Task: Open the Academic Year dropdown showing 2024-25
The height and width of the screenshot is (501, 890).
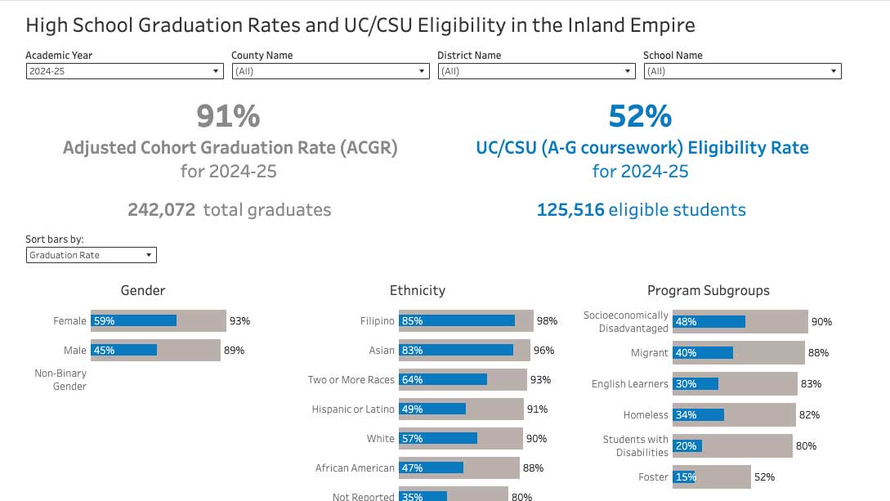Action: pyautogui.click(x=124, y=71)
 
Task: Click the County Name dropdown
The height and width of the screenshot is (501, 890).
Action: pyautogui.click(x=330, y=71)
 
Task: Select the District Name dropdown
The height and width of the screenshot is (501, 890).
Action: pyautogui.click(x=536, y=71)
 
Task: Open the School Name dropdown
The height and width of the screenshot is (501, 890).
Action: pyautogui.click(x=742, y=71)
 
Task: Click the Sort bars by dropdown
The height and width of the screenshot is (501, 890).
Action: pyautogui.click(x=91, y=255)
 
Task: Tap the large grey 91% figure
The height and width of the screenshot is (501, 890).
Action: pyautogui.click(x=228, y=116)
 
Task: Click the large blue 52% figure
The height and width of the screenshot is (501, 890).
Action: pyautogui.click(x=640, y=116)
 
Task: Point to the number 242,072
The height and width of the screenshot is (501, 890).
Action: pyautogui.click(x=162, y=210)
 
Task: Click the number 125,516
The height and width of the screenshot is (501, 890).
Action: pyautogui.click(x=570, y=210)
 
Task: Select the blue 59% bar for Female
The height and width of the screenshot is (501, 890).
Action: pyautogui.click(x=134, y=321)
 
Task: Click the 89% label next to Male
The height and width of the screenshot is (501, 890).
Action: pyautogui.click(x=234, y=351)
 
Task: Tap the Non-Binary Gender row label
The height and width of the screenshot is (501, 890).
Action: pyautogui.click(x=60, y=380)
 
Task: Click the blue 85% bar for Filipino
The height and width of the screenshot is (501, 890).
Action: pyautogui.click(x=457, y=321)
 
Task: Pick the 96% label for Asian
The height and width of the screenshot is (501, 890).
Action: pyautogui.click(x=543, y=351)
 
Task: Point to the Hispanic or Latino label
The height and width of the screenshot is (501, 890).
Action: pyautogui.click(x=353, y=409)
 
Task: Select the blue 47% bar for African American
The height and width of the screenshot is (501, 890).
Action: pyautogui.click(x=431, y=468)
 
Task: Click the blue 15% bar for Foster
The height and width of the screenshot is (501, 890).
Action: pyautogui.click(x=684, y=476)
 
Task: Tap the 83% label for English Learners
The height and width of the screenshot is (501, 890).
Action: pyautogui.click(x=811, y=383)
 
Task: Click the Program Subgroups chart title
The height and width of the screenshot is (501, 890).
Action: pyautogui.click(x=708, y=290)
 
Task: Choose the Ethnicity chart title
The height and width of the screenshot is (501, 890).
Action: pyautogui.click(x=418, y=290)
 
